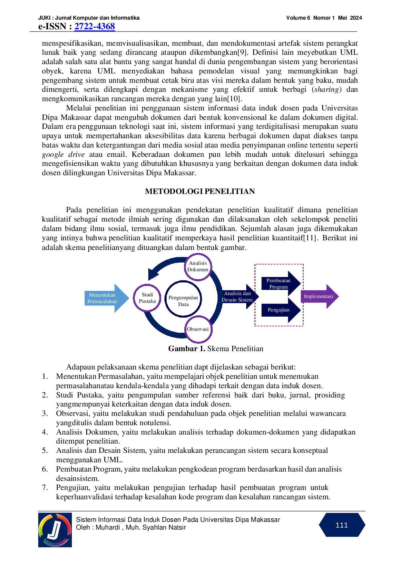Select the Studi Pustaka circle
tap(147, 298)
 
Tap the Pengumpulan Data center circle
tap(183, 300)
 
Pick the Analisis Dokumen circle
tap(198, 267)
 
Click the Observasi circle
tap(198, 329)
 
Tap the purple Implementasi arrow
tap(319, 296)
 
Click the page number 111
tap(342, 525)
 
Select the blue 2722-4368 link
tap(95, 26)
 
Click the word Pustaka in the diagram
tap(147, 301)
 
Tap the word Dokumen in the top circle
tap(198, 270)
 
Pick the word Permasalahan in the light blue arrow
tap(102, 302)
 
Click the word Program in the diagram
tap(278, 287)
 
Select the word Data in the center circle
tap(183, 304)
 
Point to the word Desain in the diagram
tap(229, 300)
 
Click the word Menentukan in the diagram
tap(102, 295)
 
